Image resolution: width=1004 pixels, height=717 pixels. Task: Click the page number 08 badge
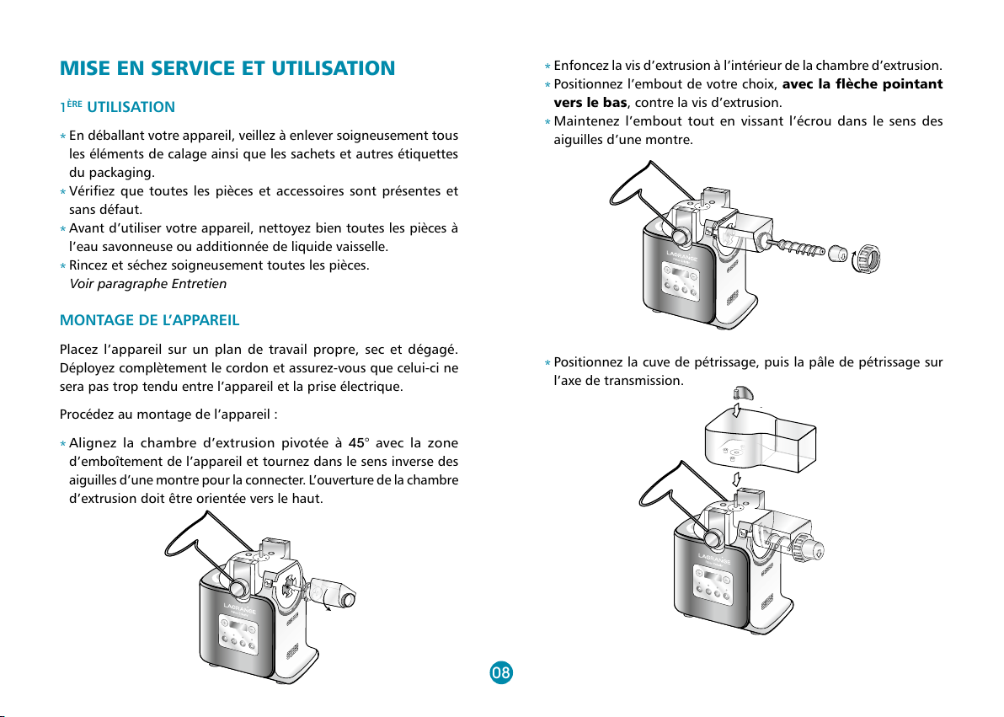(x=500, y=672)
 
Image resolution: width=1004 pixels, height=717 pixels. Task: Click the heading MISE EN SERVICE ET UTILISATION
(x=227, y=68)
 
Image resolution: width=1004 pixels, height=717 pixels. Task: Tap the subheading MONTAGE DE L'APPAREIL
(x=149, y=320)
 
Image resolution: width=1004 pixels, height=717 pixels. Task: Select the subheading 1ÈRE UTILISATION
(x=117, y=107)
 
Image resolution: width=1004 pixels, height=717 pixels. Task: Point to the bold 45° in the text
(x=357, y=443)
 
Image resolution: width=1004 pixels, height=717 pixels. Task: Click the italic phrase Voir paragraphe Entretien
(x=148, y=284)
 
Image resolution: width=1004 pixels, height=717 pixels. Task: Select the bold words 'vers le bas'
(x=590, y=103)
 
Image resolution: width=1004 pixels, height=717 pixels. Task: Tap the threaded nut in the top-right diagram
(x=867, y=258)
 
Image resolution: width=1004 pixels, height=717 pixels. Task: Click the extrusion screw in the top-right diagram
(x=794, y=246)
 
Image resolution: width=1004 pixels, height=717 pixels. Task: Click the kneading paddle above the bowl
(x=743, y=393)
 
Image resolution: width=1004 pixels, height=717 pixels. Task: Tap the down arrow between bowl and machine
(x=737, y=479)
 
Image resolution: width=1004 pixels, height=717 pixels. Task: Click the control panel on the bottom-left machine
(x=238, y=634)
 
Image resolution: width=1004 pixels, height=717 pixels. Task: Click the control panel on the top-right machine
(x=681, y=282)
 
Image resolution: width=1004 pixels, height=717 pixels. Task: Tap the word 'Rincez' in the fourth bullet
(x=88, y=265)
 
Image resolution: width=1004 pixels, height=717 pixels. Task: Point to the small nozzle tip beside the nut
(x=837, y=253)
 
